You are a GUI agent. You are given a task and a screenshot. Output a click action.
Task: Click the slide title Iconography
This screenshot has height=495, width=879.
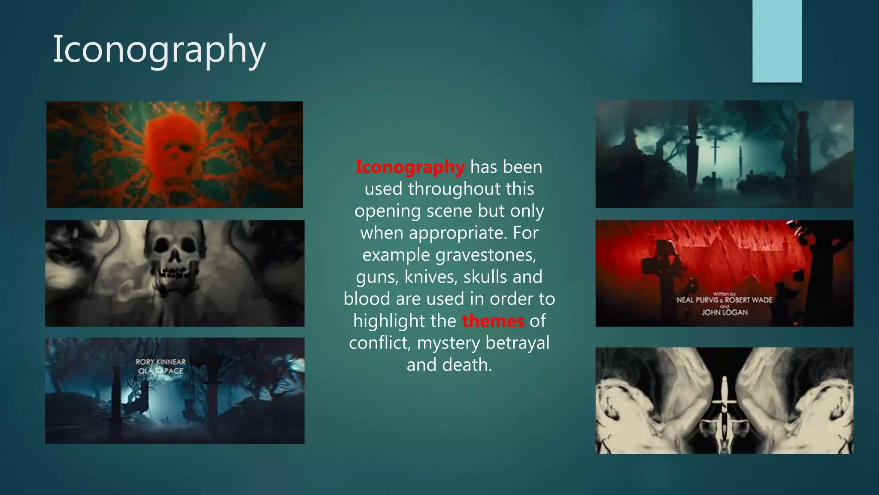click(159, 50)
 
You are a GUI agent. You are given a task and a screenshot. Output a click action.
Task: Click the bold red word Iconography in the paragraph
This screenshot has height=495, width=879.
click(410, 167)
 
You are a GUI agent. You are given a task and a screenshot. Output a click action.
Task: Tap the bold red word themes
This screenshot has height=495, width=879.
click(493, 321)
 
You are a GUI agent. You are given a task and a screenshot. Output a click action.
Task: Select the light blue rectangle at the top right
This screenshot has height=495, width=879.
click(777, 41)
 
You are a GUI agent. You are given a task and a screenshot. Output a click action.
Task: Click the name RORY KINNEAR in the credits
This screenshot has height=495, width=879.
click(161, 362)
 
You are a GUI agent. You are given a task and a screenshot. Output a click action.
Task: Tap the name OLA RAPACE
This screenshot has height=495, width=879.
click(161, 371)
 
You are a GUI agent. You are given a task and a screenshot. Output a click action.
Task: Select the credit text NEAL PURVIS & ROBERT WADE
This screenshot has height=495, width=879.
click(724, 300)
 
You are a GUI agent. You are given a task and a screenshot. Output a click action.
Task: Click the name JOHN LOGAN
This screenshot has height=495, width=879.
click(724, 312)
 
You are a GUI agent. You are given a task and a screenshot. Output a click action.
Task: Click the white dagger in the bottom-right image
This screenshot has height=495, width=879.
click(724, 404)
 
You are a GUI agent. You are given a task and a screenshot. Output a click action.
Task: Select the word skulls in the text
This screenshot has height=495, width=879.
click(485, 277)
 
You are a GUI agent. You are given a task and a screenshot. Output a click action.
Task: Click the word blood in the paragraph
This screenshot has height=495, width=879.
click(367, 299)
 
